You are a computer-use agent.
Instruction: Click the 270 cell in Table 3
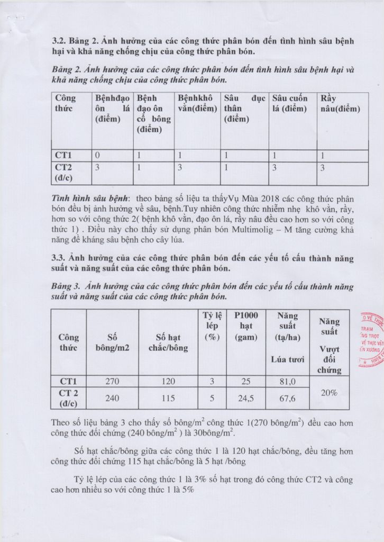112,381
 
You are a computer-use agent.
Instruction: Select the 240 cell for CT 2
112,398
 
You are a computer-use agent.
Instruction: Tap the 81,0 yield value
287,381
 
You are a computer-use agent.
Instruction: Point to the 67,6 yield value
287,398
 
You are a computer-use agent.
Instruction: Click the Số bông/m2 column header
112,342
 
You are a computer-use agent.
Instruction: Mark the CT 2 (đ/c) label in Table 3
68,398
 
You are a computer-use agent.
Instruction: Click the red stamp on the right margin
371,339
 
